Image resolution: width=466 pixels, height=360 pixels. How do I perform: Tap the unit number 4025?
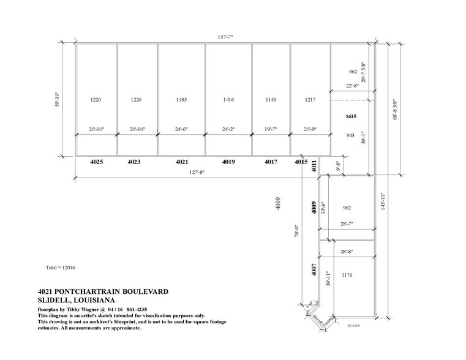click(97, 162)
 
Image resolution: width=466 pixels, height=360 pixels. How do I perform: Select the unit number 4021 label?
click(181, 162)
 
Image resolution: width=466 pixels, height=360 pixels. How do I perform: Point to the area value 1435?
click(181, 99)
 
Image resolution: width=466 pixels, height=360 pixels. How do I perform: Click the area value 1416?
click(228, 99)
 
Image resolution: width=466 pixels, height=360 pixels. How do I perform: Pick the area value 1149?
click(271, 99)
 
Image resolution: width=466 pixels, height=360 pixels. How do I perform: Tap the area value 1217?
click(310, 99)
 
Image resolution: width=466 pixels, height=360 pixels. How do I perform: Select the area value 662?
click(352, 72)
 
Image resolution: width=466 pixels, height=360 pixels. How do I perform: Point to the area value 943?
click(351, 135)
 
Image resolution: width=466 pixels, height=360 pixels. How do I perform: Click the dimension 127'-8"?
click(195, 173)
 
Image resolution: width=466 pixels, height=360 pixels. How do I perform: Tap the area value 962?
click(347, 208)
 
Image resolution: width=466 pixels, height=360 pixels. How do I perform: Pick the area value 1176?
click(348, 275)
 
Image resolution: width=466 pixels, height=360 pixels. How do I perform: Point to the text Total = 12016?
click(61, 268)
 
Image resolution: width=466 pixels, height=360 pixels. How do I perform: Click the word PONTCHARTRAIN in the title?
click(99, 291)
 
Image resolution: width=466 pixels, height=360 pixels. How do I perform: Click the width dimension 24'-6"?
click(181, 130)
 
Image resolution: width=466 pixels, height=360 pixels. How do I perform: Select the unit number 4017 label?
click(271, 162)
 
